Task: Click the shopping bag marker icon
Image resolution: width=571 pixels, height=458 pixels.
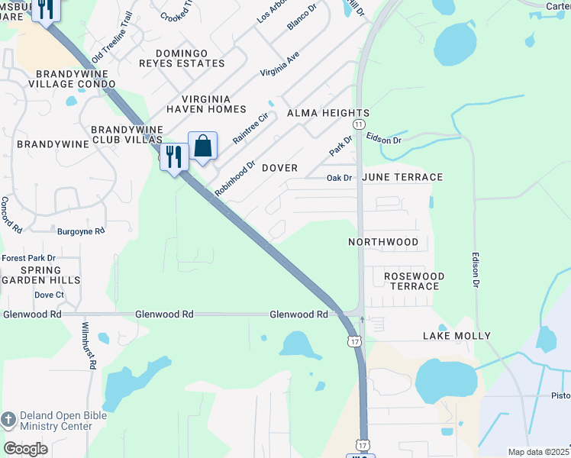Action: point(203,145)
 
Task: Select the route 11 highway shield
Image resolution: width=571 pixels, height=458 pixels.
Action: point(359,124)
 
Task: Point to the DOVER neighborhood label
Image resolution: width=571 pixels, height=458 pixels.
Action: point(279,167)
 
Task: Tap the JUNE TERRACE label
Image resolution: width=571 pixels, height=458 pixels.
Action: point(402,177)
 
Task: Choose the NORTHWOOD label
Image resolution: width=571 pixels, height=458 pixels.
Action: point(383,242)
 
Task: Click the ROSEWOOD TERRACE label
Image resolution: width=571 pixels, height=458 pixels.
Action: point(414,281)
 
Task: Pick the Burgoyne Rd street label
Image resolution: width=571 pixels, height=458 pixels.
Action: point(81,230)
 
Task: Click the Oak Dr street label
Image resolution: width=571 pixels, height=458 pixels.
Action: point(339,178)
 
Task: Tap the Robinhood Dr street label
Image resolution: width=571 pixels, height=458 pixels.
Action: point(235,179)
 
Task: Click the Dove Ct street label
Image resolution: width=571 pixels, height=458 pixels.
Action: point(49,295)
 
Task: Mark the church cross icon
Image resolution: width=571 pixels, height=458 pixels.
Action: point(8,419)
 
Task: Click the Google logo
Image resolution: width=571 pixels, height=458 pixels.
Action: point(25,449)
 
